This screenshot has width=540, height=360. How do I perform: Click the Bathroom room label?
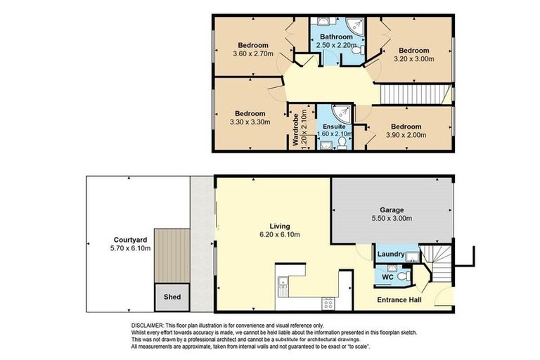336,37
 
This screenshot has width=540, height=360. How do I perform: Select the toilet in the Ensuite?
341,143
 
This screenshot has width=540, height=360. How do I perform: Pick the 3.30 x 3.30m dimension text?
250,124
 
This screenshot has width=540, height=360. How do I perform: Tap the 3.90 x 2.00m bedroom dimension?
406,136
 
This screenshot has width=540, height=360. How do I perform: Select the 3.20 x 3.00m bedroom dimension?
414,60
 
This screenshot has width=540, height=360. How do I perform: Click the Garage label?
392,209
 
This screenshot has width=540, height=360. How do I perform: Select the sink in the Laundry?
411,254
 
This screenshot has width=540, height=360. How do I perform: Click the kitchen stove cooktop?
328,303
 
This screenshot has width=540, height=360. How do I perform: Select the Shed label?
172,297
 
